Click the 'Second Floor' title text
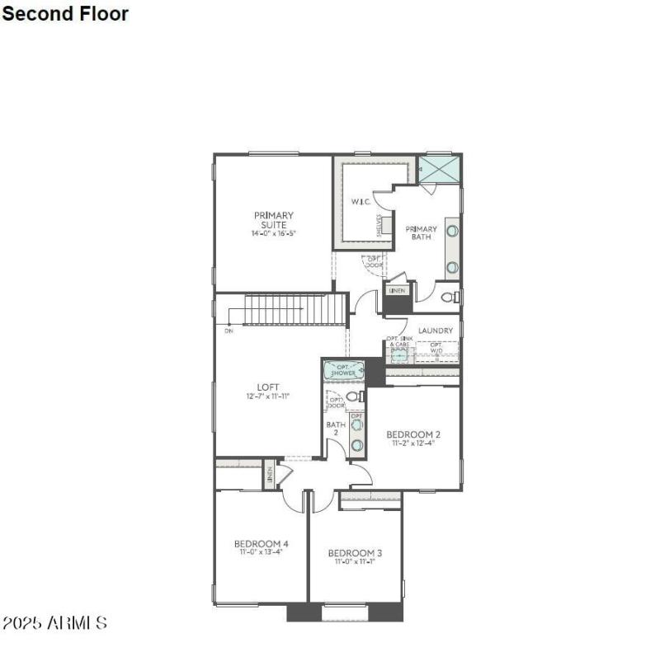pyautogui.click(x=66, y=13)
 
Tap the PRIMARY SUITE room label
pyautogui.click(x=273, y=220)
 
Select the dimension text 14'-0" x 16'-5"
pyautogui.click(x=273, y=234)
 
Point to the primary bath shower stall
pyautogui.click(x=438, y=169)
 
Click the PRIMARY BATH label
pyautogui.click(x=421, y=233)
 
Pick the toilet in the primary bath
pyautogui.click(x=449, y=298)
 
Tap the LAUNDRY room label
pyautogui.click(x=435, y=331)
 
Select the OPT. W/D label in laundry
pyautogui.click(x=436, y=348)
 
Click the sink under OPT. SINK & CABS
pyautogui.click(x=398, y=355)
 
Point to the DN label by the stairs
pyautogui.click(x=228, y=331)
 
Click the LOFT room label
pyautogui.click(x=268, y=387)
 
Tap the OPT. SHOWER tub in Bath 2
pyautogui.click(x=343, y=370)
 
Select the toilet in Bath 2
pyautogui.click(x=355, y=397)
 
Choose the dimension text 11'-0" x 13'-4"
pyautogui.click(x=261, y=553)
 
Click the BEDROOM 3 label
pyautogui.click(x=355, y=553)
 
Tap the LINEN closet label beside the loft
pyautogui.click(x=269, y=476)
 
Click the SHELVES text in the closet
pyautogui.click(x=379, y=224)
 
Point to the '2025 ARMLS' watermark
pyautogui.click(x=55, y=622)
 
